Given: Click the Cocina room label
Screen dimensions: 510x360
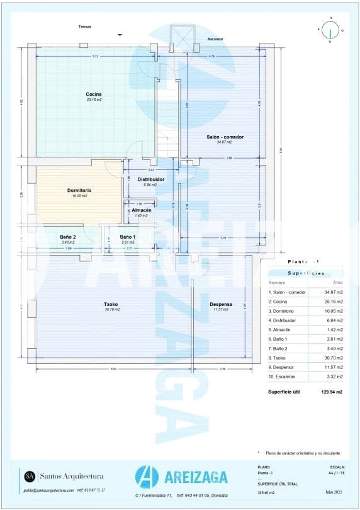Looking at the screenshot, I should (x=94, y=94).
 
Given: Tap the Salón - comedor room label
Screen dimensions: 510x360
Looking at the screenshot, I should (x=225, y=137).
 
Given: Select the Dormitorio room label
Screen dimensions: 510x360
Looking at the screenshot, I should (x=79, y=190).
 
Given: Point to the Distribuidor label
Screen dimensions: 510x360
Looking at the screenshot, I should (x=150, y=179).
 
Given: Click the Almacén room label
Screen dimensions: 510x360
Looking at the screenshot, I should (x=141, y=210).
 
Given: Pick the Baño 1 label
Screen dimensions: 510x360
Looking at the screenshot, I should (x=129, y=237).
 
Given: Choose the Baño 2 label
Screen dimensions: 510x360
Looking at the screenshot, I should (x=68, y=237).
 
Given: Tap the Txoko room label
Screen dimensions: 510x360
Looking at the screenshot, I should (x=111, y=304).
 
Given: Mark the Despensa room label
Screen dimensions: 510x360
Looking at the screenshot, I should (x=221, y=304).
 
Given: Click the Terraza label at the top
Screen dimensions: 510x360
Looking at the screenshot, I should (x=85, y=26).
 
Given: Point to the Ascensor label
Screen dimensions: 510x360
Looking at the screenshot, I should (x=215, y=39).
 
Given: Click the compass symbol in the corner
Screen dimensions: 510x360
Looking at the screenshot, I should (x=330, y=30).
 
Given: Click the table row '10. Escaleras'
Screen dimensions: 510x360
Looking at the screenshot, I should (x=306, y=376).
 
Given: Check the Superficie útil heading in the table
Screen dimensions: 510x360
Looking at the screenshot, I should (x=284, y=392).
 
